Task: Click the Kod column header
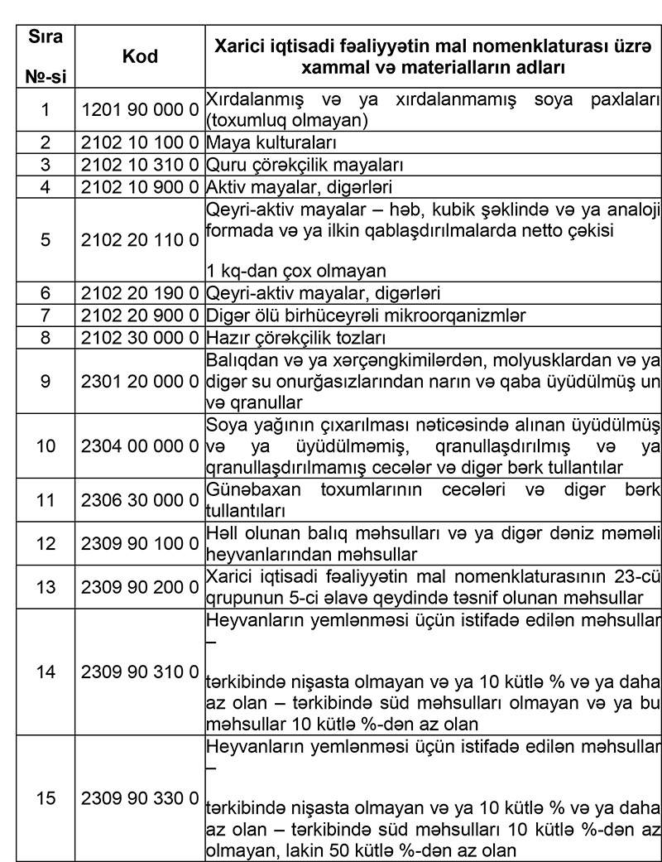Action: click(140, 56)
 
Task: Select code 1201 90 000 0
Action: click(140, 109)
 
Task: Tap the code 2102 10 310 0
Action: click(140, 164)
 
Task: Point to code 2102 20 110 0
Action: click(140, 240)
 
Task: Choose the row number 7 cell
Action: click(46, 315)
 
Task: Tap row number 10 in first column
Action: click(46, 445)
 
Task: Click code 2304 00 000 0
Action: click(140, 445)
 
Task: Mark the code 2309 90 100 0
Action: click(140, 543)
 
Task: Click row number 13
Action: click(46, 586)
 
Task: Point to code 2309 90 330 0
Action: click(140, 799)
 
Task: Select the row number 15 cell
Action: click(46, 799)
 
